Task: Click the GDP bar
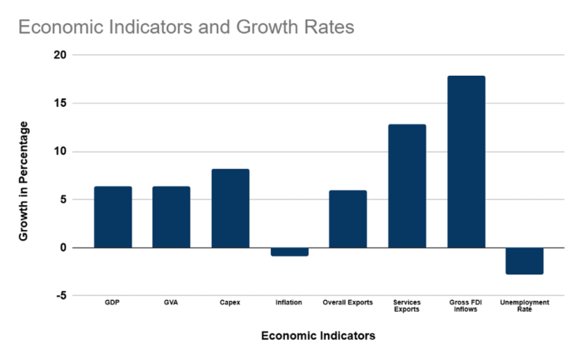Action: (112, 217)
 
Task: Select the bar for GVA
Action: (172, 217)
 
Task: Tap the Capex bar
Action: (230, 208)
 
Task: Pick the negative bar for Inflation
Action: (289, 252)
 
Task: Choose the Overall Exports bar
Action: (348, 219)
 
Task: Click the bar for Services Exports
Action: (407, 186)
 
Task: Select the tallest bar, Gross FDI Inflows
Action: (466, 162)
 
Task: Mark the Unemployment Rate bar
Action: (526, 261)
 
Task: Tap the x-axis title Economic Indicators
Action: (318, 336)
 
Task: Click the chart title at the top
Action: (186, 27)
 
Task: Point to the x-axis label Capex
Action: (230, 302)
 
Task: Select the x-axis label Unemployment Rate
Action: (526, 306)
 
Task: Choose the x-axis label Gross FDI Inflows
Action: (466, 306)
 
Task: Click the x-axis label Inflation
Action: (289, 302)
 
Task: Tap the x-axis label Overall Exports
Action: (348, 302)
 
